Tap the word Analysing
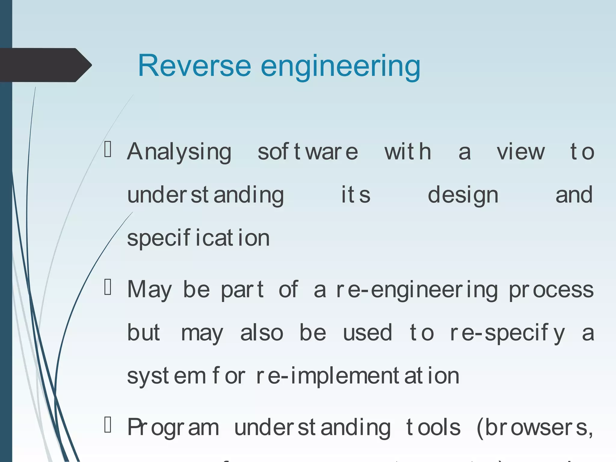[179, 152]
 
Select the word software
[308, 152]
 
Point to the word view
[520, 152]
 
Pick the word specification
[198, 238]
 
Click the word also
[262, 333]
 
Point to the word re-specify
[507, 333]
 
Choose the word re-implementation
[357, 376]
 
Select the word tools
[433, 427]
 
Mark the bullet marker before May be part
[108, 287]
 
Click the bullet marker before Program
[108, 425]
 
